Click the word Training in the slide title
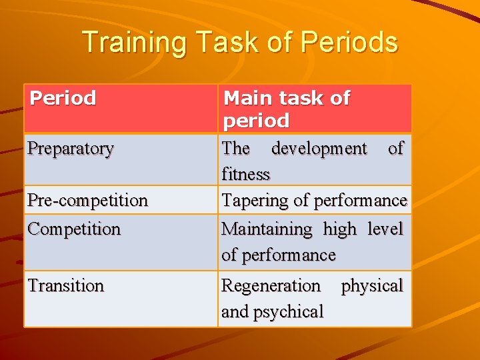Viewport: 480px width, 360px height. (x=125, y=43)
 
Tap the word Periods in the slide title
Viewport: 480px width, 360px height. (x=349, y=43)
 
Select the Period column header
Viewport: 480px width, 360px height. (x=63, y=99)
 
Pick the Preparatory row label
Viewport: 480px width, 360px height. (x=71, y=149)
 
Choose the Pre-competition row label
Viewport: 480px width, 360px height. (x=87, y=200)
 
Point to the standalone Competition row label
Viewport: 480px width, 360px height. (x=74, y=229)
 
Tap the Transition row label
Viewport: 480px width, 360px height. (x=66, y=285)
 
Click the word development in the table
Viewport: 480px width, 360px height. (x=319, y=148)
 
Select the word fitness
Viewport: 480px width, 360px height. (x=245, y=174)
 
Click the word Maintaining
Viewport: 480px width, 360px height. (x=267, y=229)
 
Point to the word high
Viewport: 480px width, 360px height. (x=340, y=229)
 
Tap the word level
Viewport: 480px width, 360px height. (x=385, y=229)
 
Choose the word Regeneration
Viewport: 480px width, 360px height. (x=271, y=285)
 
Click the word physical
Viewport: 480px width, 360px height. (x=372, y=285)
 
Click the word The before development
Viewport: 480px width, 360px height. (x=236, y=148)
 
